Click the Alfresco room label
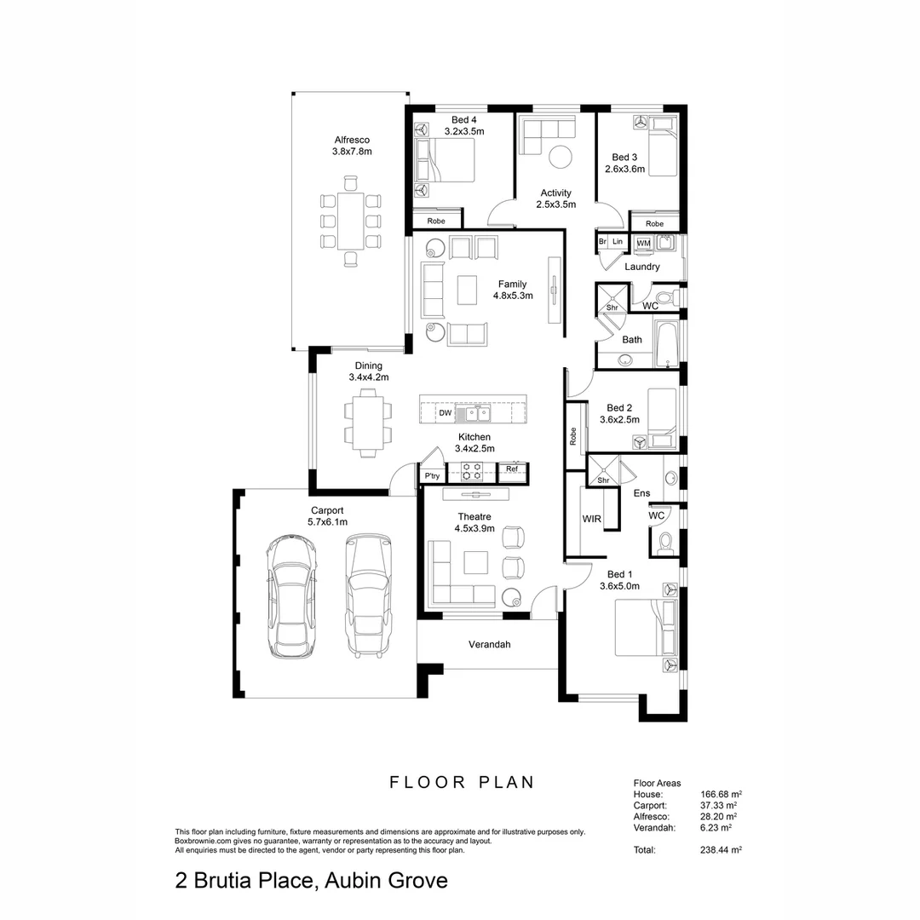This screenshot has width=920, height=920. click(352, 140)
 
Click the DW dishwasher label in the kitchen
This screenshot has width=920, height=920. click(445, 413)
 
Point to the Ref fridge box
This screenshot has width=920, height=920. click(512, 469)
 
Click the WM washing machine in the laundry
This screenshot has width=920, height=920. click(643, 243)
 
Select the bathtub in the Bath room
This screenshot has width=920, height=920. click(667, 343)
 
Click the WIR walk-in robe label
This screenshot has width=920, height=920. click(592, 518)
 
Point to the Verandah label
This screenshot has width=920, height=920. click(489, 645)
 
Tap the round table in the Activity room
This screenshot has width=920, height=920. click(560, 157)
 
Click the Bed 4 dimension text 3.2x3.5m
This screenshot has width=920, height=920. click(464, 131)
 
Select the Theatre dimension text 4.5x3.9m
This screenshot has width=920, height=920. click(474, 528)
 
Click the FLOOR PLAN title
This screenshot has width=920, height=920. click(462, 782)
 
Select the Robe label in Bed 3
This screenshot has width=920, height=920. click(654, 224)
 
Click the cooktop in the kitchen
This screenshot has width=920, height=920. click(471, 469)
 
